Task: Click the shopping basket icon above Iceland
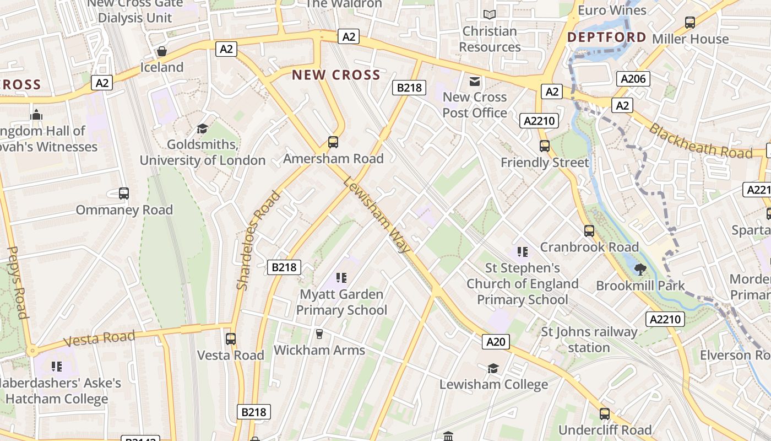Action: pyautogui.click(x=162, y=51)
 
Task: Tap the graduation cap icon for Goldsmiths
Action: pyautogui.click(x=202, y=128)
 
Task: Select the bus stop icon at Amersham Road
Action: pyautogui.click(x=333, y=142)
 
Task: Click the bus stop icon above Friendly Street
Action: pyautogui.click(x=545, y=146)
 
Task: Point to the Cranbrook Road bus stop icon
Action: pyautogui.click(x=589, y=231)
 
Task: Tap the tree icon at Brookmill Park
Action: pyautogui.click(x=640, y=269)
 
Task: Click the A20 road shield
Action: pyautogui.click(x=496, y=342)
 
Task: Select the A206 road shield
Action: pyautogui.click(x=633, y=79)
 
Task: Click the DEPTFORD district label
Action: pyautogui.click(x=607, y=37)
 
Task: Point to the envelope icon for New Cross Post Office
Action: pyautogui.click(x=474, y=82)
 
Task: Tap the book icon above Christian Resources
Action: pyautogui.click(x=489, y=15)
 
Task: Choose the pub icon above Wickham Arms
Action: pyautogui.click(x=318, y=334)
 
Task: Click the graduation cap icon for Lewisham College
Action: pyautogui.click(x=493, y=368)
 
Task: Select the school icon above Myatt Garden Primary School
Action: pyautogui.click(x=341, y=278)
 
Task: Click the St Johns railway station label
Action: pyautogui.click(x=589, y=340)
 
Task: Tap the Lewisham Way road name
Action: pyautogui.click(x=377, y=214)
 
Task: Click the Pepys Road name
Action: pyautogui.click(x=17, y=282)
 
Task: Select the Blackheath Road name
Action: pyautogui.click(x=700, y=141)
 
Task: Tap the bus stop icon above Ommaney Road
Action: pyautogui.click(x=124, y=193)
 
